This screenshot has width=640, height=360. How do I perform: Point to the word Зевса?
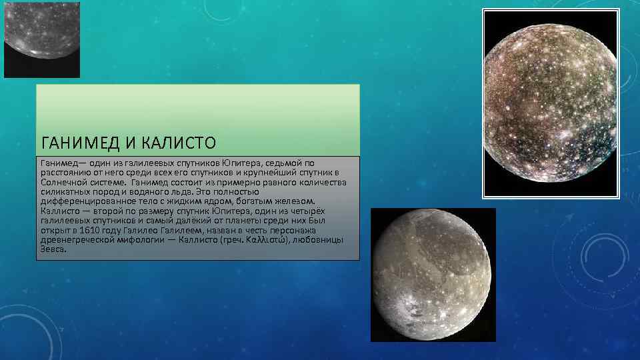pyautogui.click(x=53, y=249)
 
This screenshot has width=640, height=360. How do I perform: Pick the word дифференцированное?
pyautogui.click(x=85, y=201)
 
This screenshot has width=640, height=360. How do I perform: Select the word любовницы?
pyautogui.click(x=318, y=239)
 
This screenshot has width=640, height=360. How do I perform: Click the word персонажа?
pyautogui.click(x=321, y=230)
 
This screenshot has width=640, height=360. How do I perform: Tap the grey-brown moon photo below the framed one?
pyautogui.click(x=433, y=275)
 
